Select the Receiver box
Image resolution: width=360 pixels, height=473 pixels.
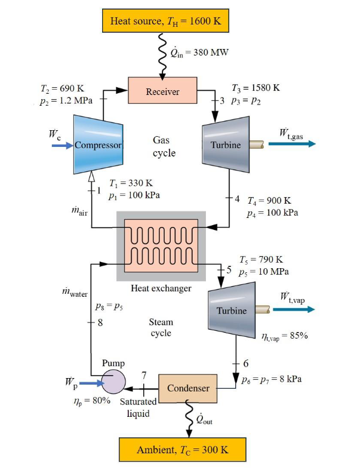(x=162, y=91)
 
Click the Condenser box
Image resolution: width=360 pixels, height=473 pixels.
(x=188, y=388)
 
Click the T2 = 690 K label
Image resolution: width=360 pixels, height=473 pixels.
(x=59, y=87)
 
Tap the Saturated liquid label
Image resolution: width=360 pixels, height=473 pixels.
(x=138, y=407)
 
